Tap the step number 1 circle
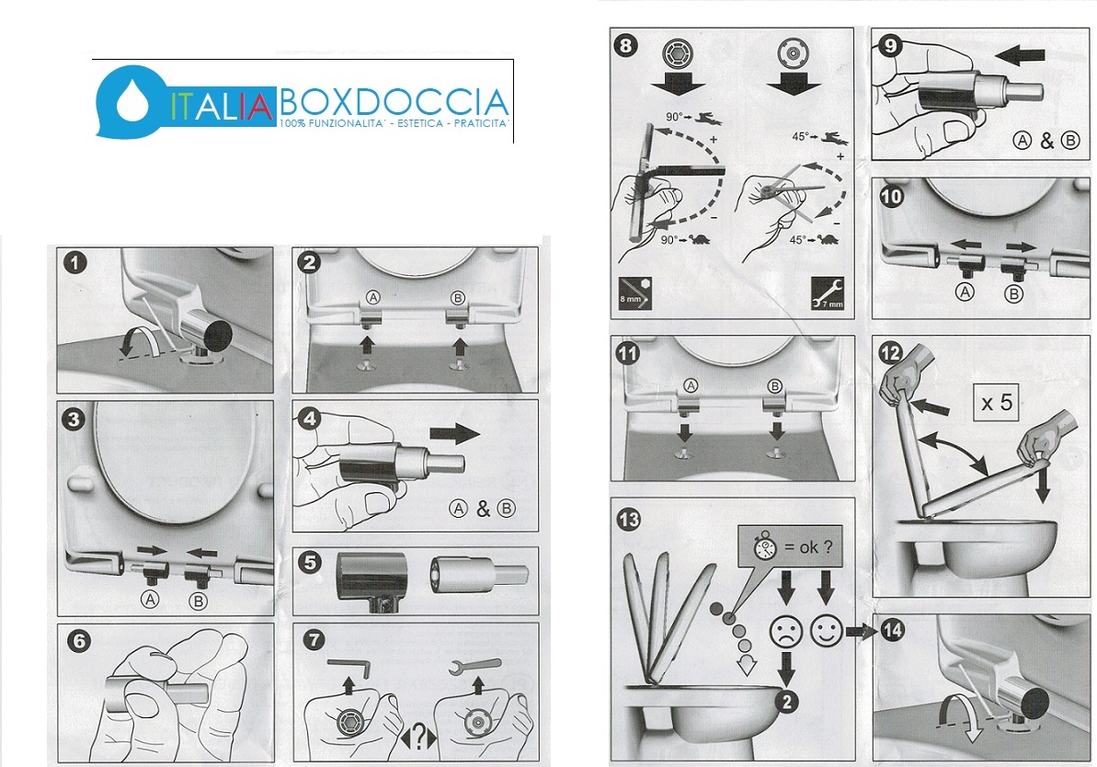[x=74, y=263]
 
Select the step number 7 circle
[x=314, y=640]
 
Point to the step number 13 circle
[x=629, y=520]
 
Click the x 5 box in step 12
[x=997, y=403]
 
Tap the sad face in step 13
[x=785, y=631]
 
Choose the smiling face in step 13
[x=827, y=630]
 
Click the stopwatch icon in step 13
[x=765, y=547]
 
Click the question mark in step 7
[x=418, y=737]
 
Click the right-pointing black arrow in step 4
[x=455, y=435]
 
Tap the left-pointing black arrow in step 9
[x=1020, y=55]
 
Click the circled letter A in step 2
[x=373, y=297]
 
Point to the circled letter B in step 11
[x=774, y=385]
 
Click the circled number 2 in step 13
[x=787, y=702]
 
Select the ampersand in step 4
[x=483, y=509]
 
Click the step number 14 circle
[x=892, y=630]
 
